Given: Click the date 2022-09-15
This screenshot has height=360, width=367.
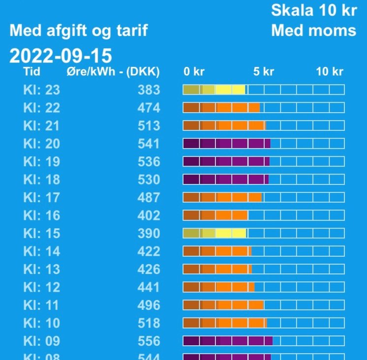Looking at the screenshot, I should pos(61,56).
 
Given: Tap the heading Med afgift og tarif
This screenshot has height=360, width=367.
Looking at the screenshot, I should pos(79,31).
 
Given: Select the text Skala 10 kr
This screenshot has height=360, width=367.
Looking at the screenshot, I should pos(313,10).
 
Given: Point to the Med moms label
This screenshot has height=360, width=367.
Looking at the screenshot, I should pos(313,30).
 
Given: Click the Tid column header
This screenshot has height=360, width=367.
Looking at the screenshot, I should pos(32,72).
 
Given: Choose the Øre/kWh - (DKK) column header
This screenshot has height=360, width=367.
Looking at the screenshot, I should pos(113,72).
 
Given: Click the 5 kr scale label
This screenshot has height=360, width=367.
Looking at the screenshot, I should pos(263,72).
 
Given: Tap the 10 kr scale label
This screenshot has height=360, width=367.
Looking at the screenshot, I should pos(329,72).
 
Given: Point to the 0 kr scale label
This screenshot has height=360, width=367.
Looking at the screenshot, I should pos(194,72).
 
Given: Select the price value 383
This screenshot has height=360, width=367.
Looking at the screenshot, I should pos(149,90).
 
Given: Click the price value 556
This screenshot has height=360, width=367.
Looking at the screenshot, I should pos(149,341).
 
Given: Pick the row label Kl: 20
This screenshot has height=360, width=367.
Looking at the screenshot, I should pos(41,144).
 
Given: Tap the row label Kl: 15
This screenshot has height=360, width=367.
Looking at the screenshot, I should pos(41,233).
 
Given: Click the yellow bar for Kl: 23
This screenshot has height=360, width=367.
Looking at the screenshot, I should pos(214,90).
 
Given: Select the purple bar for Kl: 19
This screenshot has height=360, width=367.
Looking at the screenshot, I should pos(226,161).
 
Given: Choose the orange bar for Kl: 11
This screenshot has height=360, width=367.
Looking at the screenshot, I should pos(223,305).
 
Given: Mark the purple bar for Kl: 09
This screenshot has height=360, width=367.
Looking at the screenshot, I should pos(228,341).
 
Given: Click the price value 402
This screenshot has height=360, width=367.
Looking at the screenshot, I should pos(149,215).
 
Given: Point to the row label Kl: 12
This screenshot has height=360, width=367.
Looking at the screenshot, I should pos(41,287).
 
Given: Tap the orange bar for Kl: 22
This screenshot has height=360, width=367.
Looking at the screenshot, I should pos(221,108).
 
